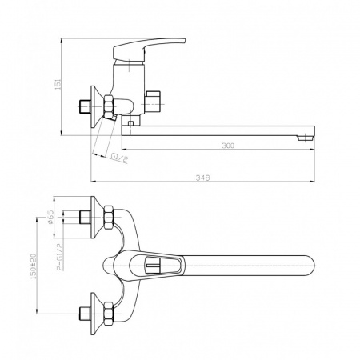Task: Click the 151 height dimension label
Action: [x=58, y=84]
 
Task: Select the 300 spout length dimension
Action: [x=228, y=146]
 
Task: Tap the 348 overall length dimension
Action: [x=202, y=178]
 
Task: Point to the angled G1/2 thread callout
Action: [x=119, y=158]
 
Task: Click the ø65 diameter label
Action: [x=50, y=217]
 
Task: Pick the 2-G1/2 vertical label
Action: [x=60, y=257]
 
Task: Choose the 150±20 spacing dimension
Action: [x=34, y=266]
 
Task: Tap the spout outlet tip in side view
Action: [x=306, y=138]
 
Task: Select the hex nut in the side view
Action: [x=109, y=106]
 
